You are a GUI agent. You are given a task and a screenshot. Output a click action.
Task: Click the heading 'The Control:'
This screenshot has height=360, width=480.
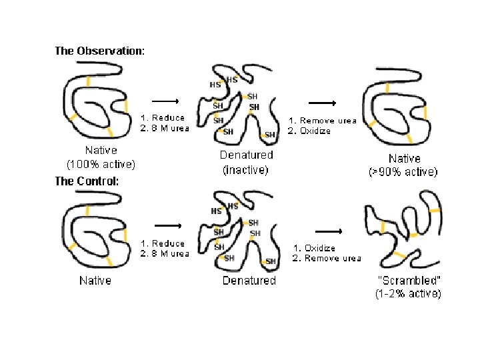coord(87,181)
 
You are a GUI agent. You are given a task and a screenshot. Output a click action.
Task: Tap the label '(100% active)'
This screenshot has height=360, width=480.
coord(101,163)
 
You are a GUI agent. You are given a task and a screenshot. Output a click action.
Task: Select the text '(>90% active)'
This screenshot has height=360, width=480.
coord(403,171)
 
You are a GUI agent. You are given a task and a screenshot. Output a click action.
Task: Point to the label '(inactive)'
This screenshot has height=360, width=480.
coord(245,170)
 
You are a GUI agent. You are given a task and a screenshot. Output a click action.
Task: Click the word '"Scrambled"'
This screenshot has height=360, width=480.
coord(404,281)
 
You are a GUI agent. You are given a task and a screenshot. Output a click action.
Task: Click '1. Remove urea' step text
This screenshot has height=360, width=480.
coord(322,121)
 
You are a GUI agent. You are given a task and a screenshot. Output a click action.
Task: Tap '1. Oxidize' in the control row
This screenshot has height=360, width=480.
coord(315,248)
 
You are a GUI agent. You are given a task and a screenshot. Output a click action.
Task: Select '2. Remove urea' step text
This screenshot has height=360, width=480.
coord(327,258)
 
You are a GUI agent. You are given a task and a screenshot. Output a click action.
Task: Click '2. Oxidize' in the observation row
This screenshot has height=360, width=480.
coord(309,131)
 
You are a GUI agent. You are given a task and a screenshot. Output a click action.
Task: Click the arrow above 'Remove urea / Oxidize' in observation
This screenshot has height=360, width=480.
coord(323,103)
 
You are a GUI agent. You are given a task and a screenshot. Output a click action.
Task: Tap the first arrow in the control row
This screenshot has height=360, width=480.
coord(167,225)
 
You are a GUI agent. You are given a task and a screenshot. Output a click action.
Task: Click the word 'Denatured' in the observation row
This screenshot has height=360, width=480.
coord(247,155)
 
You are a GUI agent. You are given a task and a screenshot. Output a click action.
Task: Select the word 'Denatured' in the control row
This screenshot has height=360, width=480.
coord(249,281)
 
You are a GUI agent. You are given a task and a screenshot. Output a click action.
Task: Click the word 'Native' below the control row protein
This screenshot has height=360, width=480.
coord(95,281)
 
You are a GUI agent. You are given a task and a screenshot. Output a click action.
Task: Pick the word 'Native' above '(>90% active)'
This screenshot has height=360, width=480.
coord(405,159)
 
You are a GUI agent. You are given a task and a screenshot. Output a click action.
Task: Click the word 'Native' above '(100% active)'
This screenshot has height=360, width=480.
coord(101,151)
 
